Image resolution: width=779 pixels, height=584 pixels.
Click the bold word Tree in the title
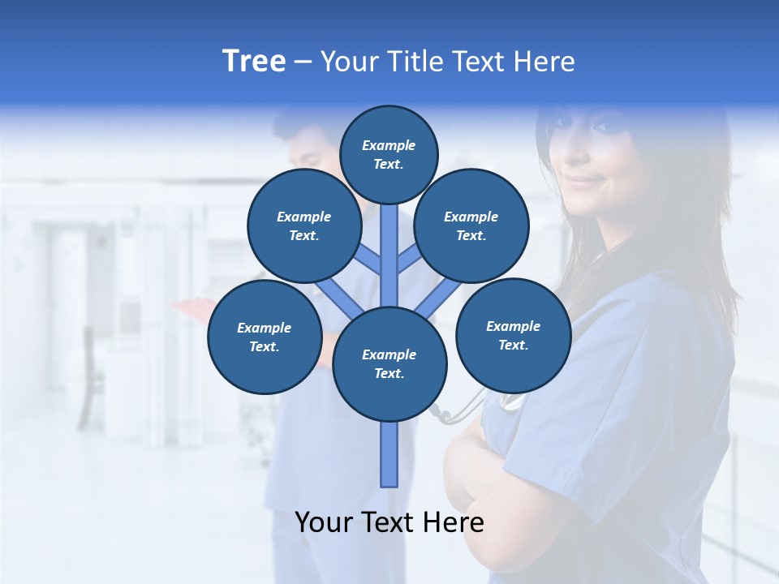(x=254, y=62)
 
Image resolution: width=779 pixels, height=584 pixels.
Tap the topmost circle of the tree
(x=389, y=154)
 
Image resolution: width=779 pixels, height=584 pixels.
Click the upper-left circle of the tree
(x=304, y=225)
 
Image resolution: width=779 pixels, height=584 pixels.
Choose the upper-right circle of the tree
(x=471, y=225)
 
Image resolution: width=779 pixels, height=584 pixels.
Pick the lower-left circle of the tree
(x=265, y=337)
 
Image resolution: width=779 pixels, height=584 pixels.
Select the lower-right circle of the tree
(x=513, y=335)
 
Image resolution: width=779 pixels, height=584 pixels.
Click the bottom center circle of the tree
(x=389, y=363)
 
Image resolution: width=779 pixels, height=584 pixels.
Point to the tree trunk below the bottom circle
(x=389, y=454)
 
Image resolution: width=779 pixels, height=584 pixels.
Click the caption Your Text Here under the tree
(x=389, y=522)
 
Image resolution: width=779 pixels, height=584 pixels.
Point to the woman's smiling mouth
(x=582, y=180)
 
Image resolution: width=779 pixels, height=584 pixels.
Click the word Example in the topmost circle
(x=389, y=146)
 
